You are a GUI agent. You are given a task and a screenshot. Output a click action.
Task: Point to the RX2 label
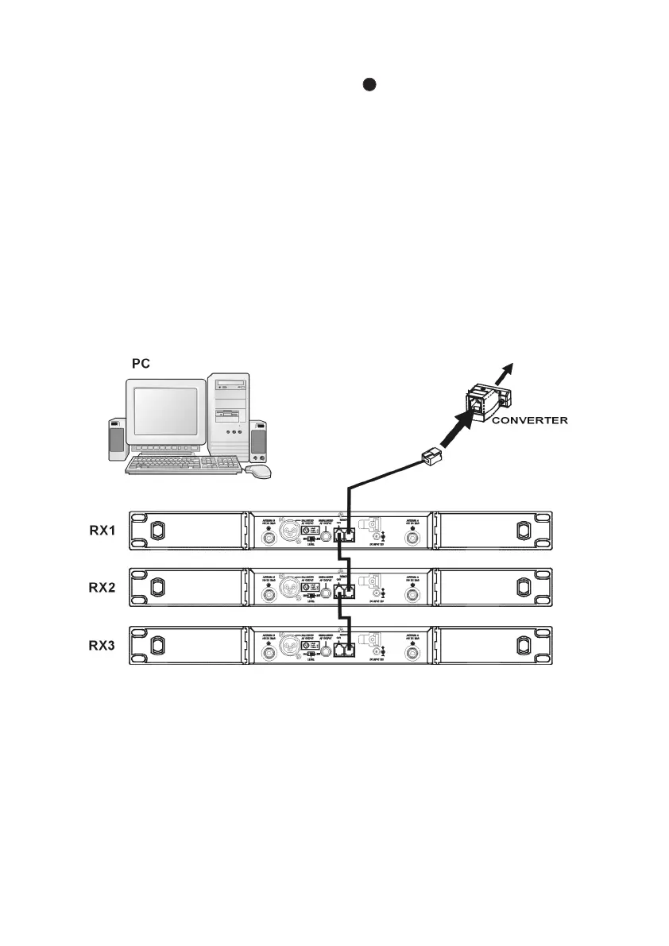pos(102,589)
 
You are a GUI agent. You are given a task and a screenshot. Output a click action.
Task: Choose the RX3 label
pos(102,646)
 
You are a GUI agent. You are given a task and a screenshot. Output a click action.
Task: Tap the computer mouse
pos(258,470)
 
